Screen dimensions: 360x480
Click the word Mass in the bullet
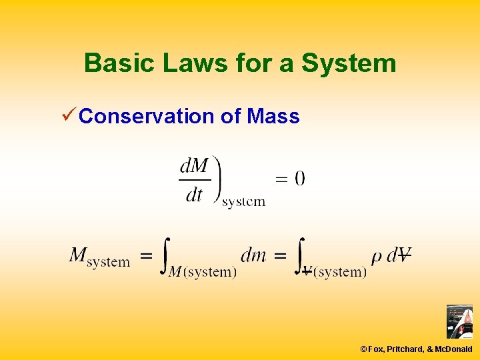pos(273,117)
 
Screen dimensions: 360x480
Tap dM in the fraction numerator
pos(194,165)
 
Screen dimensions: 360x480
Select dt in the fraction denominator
pos(194,195)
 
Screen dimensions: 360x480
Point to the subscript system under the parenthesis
pos(243,201)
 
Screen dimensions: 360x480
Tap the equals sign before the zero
pos(281,179)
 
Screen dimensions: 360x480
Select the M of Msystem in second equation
pos(79,255)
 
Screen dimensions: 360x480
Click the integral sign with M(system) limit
pos(165,255)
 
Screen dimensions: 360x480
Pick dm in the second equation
pos(253,254)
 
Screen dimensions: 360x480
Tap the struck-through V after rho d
pos(403,254)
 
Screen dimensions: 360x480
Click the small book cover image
pos(459,321)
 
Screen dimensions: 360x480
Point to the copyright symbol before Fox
pos(363,349)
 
